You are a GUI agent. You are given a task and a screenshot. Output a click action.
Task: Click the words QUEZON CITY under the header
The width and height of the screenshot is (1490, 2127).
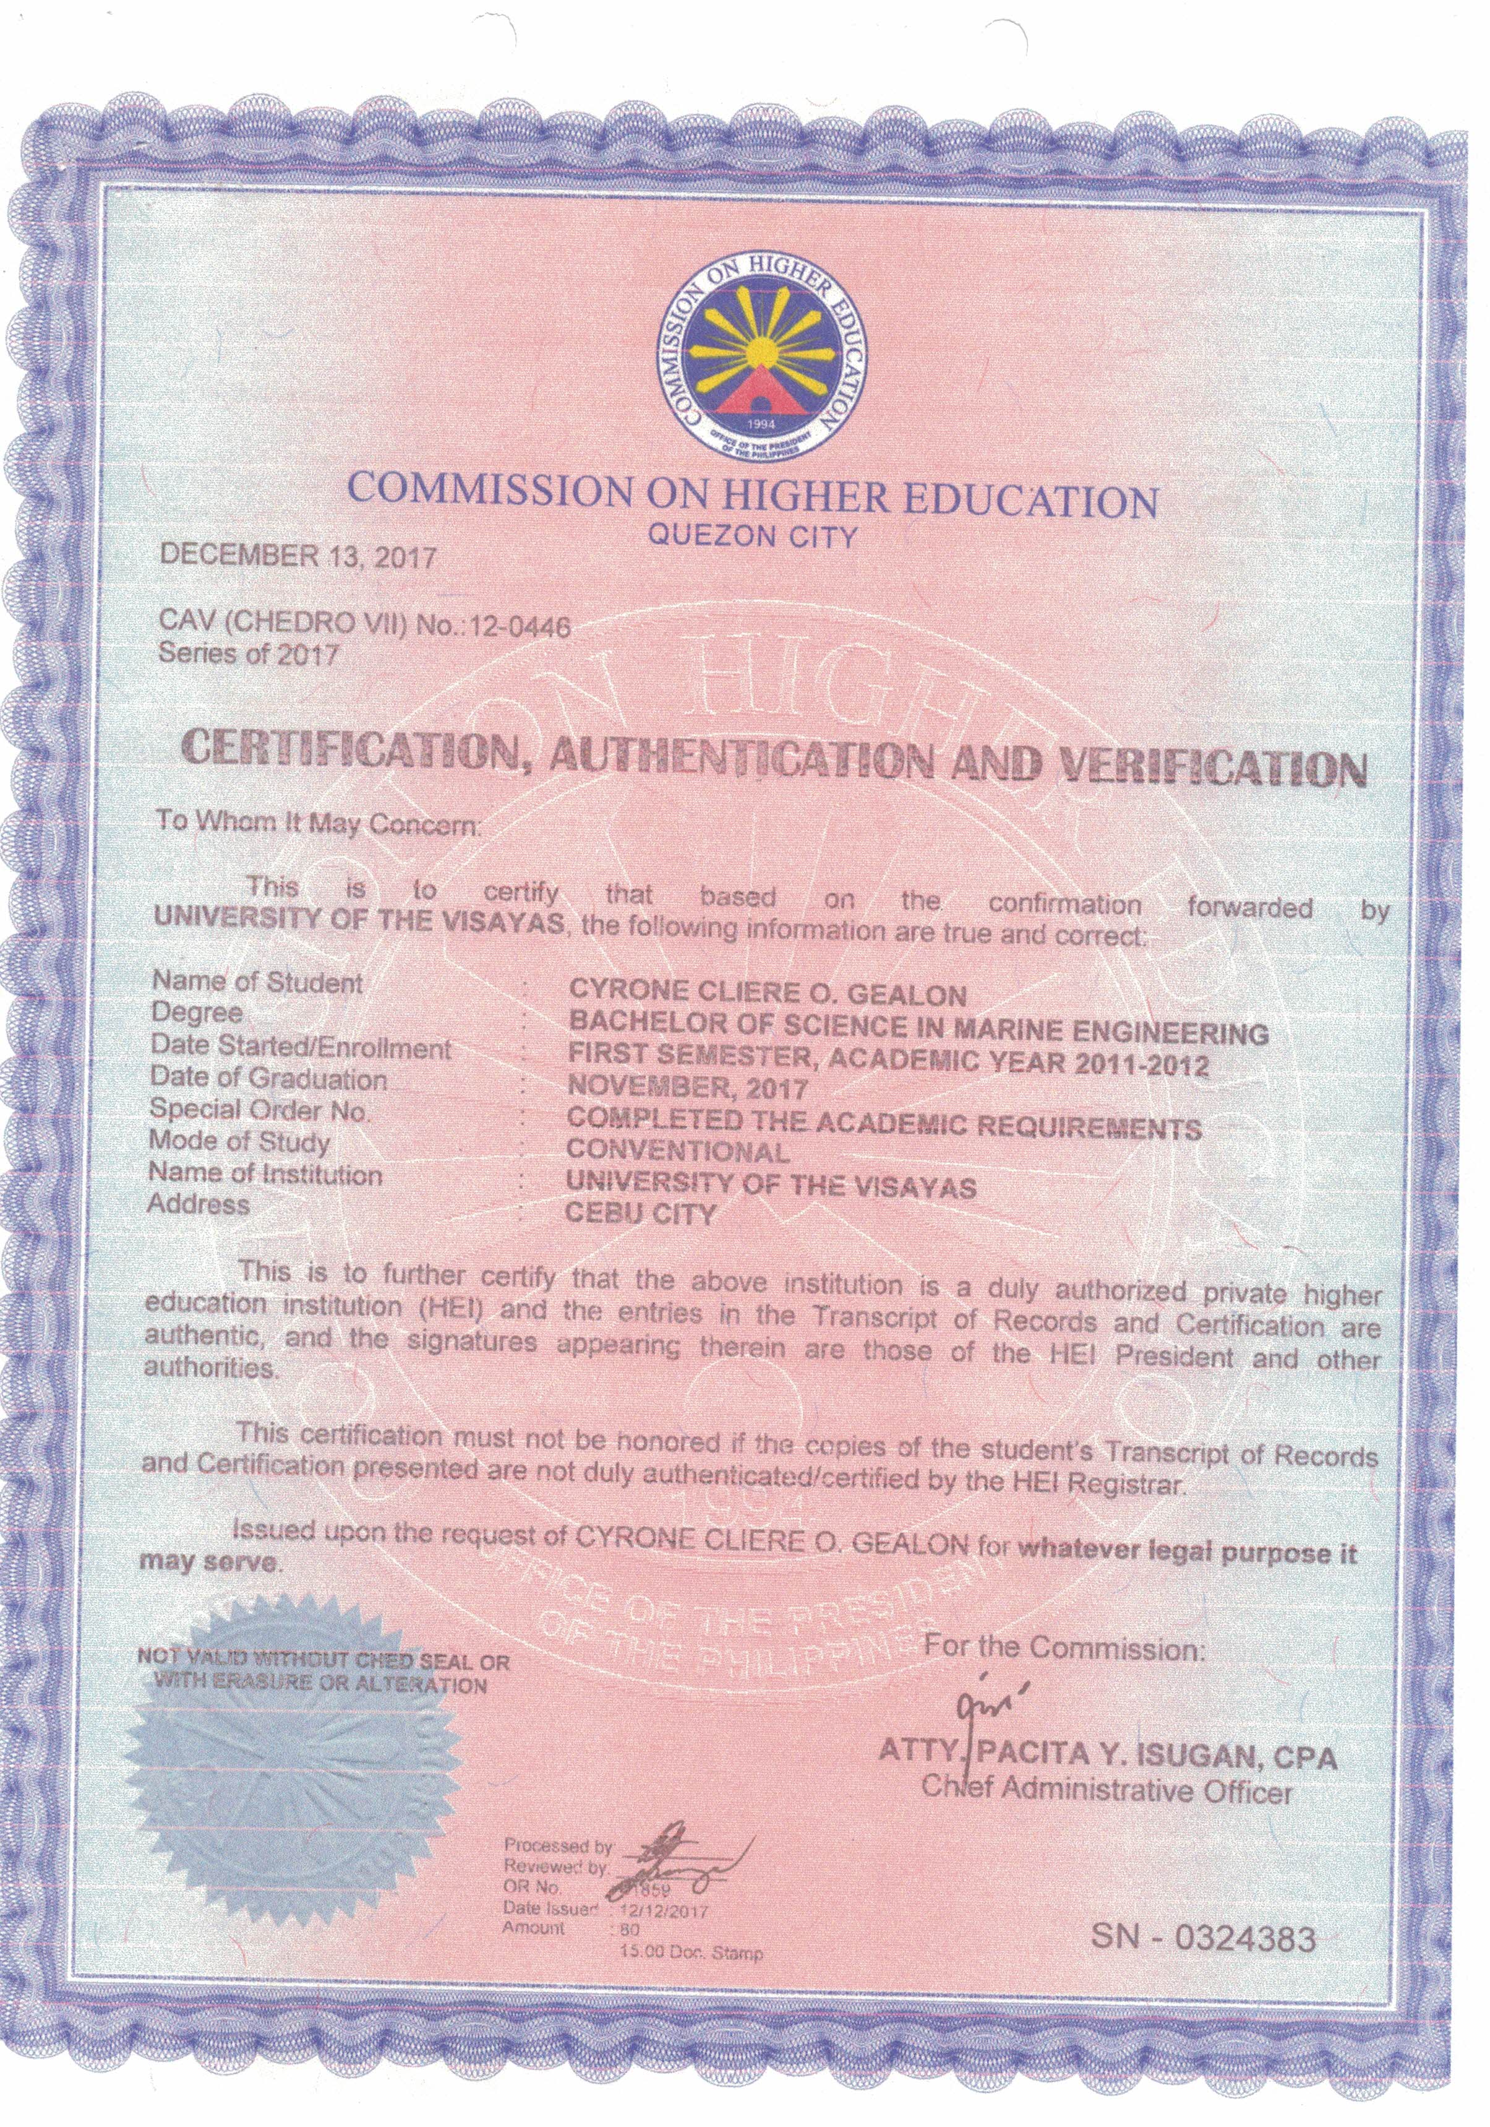click(752, 537)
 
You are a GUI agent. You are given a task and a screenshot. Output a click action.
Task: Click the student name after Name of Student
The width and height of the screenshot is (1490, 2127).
click(767, 993)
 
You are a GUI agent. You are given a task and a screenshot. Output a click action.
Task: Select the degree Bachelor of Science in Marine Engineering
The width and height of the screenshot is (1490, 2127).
click(917, 1029)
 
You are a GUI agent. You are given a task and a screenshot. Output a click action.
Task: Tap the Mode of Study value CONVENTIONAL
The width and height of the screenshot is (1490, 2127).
click(678, 1152)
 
